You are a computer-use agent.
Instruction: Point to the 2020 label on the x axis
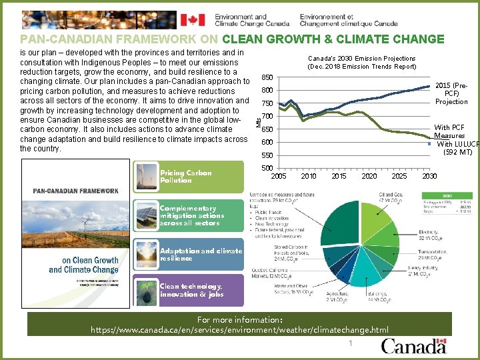pyautogui.click(x=369, y=175)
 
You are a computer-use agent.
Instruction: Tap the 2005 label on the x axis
pyautogui.click(x=279, y=175)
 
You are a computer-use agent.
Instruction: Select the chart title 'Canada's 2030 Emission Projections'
pyautogui.click(x=361, y=58)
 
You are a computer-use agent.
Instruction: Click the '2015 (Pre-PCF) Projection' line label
pyautogui.click(x=451, y=93)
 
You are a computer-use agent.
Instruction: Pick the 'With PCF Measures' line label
pyautogui.click(x=450, y=131)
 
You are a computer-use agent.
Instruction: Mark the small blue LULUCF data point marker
pyautogui.click(x=431, y=144)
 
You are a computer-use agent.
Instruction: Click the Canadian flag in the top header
pyautogui.click(x=194, y=19)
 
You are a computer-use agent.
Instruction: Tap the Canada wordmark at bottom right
pyautogui.click(x=413, y=346)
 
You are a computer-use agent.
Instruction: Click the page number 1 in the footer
pyautogui.click(x=349, y=343)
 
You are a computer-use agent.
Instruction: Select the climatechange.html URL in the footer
pyautogui.click(x=239, y=329)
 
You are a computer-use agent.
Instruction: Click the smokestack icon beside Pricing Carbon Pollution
pyautogui.click(x=145, y=176)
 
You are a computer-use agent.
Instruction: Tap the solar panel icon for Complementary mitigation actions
pyautogui.click(x=145, y=215)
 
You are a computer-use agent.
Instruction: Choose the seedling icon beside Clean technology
pyautogui.click(x=145, y=290)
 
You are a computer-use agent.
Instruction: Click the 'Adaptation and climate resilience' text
pyautogui.click(x=201, y=254)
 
